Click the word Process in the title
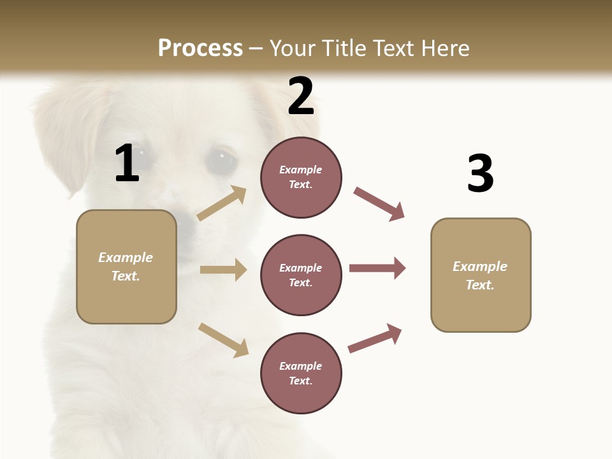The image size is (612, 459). (x=200, y=48)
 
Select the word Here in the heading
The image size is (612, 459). (x=443, y=48)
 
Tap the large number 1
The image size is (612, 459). (x=127, y=163)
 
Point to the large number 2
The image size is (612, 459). (x=301, y=96)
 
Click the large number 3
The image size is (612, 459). (x=480, y=173)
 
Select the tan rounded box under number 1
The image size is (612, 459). (x=126, y=266)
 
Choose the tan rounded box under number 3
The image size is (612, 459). (x=481, y=275)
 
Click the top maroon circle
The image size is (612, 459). (x=301, y=177)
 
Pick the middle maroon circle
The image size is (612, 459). (x=301, y=275)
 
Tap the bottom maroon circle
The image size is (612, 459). (x=301, y=374)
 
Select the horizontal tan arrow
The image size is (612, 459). (x=223, y=270)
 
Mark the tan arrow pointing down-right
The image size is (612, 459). (x=223, y=340)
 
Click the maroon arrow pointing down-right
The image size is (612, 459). (x=379, y=204)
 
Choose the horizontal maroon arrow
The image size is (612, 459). (x=377, y=268)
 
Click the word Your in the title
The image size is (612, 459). (x=294, y=48)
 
